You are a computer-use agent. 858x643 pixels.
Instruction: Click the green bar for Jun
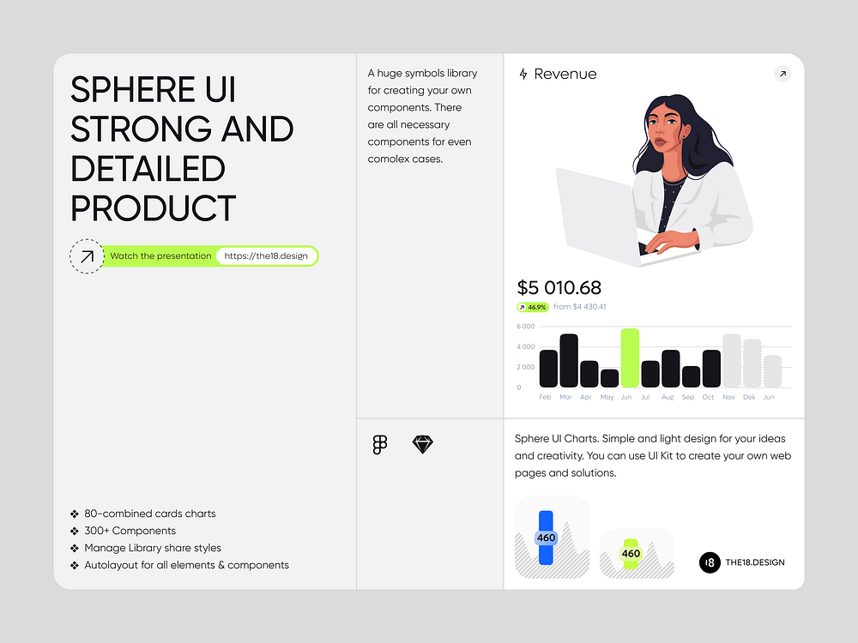click(630, 358)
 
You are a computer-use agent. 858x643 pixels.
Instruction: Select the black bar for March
click(569, 361)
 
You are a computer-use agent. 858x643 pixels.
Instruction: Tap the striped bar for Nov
click(732, 361)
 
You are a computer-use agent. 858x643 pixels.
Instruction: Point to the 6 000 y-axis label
click(525, 327)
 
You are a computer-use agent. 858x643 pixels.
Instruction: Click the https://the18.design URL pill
click(265, 255)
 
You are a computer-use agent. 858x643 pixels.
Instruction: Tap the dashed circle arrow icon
click(86, 255)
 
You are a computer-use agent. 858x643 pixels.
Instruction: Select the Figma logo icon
click(380, 444)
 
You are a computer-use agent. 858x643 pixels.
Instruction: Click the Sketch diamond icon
click(423, 444)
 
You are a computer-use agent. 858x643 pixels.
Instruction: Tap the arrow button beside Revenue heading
click(782, 74)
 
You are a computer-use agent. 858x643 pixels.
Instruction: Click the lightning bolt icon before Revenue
click(523, 75)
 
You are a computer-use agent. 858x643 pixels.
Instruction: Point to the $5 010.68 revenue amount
click(559, 288)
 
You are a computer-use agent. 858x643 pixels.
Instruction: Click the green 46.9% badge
click(532, 307)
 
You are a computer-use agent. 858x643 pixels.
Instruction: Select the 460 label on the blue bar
click(546, 538)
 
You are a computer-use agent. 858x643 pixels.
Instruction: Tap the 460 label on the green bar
click(631, 554)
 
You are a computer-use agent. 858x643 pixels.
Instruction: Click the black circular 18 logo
click(710, 562)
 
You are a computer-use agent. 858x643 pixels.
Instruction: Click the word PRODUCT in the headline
click(153, 208)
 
